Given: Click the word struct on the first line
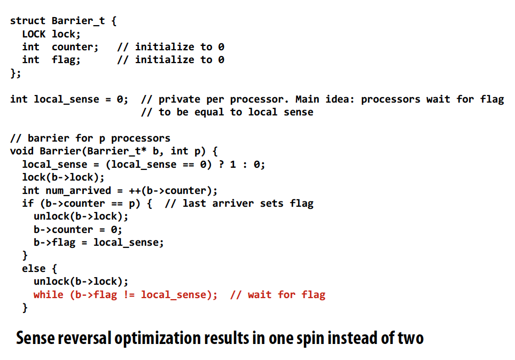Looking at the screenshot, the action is (28, 21).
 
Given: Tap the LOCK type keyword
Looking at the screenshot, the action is (34, 34).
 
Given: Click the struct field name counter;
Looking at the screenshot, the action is (75, 47).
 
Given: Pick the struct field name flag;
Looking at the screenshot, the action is (66, 60).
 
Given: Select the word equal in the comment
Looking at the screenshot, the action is (209, 112).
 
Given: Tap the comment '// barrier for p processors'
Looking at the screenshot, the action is (90, 138).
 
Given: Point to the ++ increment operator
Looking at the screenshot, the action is (135, 191).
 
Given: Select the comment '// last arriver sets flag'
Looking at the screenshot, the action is (239, 204).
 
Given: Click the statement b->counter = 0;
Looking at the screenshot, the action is (78, 230).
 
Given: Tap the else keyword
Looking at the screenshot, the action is (34, 269).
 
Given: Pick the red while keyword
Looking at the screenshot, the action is (49, 295).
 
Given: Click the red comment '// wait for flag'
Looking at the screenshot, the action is (278, 295).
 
